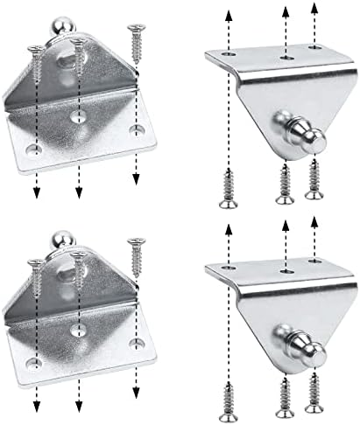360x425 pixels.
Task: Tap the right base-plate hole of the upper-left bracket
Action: click(x=135, y=129)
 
